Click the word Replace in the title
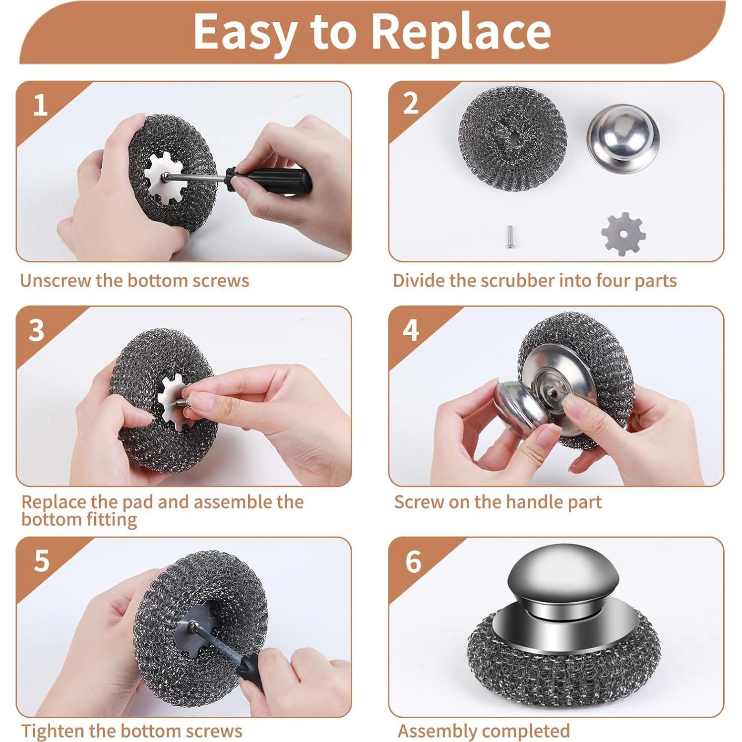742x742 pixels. pyautogui.click(x=460, y=31)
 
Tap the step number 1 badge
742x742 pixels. pyautogui.click(x=40, y=106)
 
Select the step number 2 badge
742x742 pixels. pyautogui.click(x=411, y=104)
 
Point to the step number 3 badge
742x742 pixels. pyautogui.click(x=36, y=330)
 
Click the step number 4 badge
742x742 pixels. pyautogui.click(x=411, y=330)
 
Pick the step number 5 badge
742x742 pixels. pyautogui.click(x=42, y=561)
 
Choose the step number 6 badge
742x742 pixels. pyautogui.click(x=413, y=562)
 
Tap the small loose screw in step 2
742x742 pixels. pyautogui.click(x=509, y=236)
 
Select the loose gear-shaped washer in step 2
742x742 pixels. pyautogui.click(x=623, y=234)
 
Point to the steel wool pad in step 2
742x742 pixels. pyautogui.click(x=512, y=137)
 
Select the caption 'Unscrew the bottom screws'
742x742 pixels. pyautogui.click(x=134, y=281)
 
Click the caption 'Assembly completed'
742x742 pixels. pyautogui.click(x=484, y=731)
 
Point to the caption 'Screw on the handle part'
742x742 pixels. pyautogui.click(x=497, y=502)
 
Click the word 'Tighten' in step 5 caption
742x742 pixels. pyautogui.click(x=53, y=731)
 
